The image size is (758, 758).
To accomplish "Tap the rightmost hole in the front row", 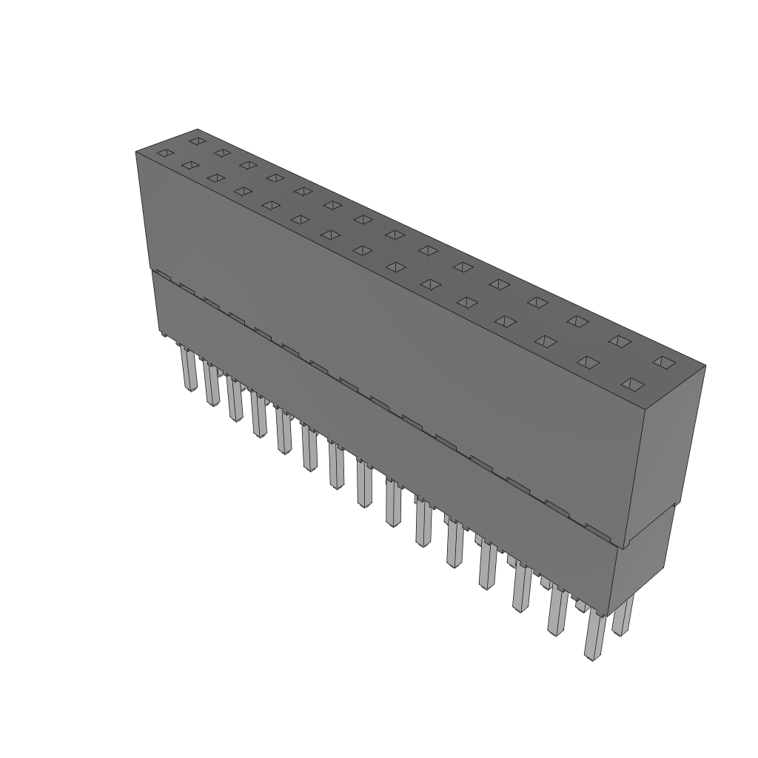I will (x=631, y=383).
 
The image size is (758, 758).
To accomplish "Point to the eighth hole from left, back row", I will (x=363, y=219).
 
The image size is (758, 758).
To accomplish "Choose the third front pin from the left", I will (x=235, y=400).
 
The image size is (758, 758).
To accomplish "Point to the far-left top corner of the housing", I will (x=136, y=152).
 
